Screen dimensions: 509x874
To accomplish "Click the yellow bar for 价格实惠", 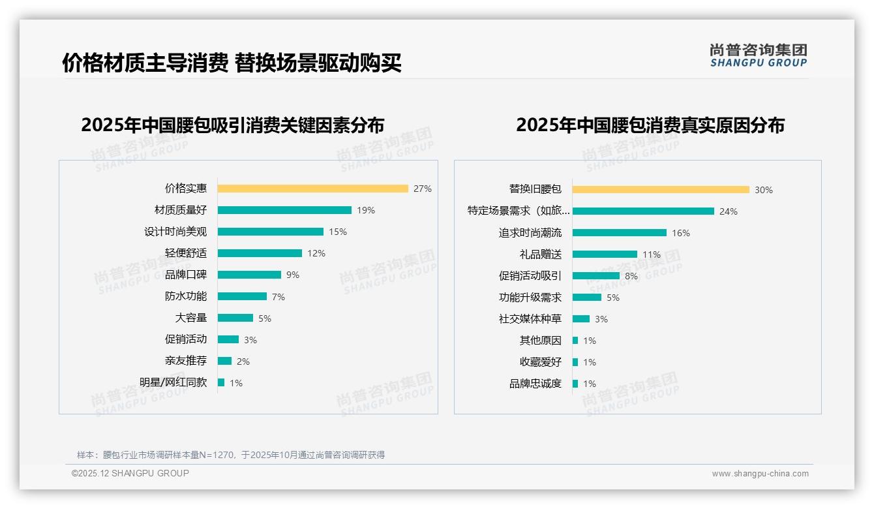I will point(312,189).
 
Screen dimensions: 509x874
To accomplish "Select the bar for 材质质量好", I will point(284,210).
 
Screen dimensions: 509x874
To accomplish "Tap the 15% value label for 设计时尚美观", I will point(338,232).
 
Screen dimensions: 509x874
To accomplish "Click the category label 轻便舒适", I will point(186,253).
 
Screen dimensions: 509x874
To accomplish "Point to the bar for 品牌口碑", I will point(249,275).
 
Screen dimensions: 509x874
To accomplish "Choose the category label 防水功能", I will point(186,296).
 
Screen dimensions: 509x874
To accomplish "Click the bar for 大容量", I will point(235,318).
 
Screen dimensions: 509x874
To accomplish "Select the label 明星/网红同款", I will point(173,382).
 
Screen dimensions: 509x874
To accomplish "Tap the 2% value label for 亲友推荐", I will point(243,362).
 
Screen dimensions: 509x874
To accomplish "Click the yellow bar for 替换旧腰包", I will point(661,190).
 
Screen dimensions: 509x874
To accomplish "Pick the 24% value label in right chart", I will point(729,211).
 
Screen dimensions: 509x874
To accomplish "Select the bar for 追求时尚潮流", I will point(620,233).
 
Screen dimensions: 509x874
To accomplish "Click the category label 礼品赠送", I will point(541,254).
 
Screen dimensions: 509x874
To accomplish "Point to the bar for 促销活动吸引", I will point(596,276).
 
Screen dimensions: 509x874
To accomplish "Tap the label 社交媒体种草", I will point(530,319).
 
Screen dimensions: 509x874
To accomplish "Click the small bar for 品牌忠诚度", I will point(575,384).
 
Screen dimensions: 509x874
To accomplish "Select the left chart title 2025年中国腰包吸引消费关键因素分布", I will point(233,125).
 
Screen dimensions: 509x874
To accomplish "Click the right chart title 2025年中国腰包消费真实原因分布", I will point(650,125).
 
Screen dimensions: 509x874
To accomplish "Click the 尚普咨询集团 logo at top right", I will point(759,55).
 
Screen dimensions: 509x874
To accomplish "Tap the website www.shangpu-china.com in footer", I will point(760,474).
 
